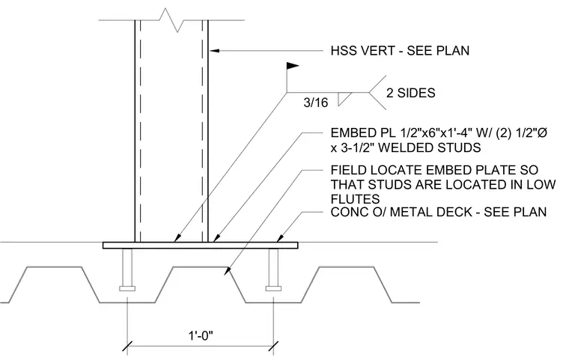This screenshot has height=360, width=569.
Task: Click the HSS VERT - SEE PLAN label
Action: click(x=400, y=50)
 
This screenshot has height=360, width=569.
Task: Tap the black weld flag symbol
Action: click(x=293, y=66)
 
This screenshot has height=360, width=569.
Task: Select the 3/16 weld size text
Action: click(x=316, y=103)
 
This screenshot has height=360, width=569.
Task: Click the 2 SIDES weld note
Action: click(x=411, y=93)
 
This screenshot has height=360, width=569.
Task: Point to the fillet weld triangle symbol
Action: click(x=344, y=99)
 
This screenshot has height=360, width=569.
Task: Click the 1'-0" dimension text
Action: click(x=201, y=335)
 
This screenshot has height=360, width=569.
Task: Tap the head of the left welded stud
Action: click(x=127, y=288)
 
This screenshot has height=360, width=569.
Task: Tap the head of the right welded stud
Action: click(x=273, y=288)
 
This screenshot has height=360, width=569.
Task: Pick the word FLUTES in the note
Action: click(x=356, y=199)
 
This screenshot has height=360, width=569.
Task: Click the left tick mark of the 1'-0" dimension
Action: click(x=127, y=346)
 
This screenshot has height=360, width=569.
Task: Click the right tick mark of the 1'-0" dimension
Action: click(x=273, y=346)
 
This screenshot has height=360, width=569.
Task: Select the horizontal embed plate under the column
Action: click(x=201, y=245)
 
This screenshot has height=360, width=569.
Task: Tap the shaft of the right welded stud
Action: click(x=273, y=267)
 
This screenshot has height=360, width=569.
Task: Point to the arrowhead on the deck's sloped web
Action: click(x=227, y=271)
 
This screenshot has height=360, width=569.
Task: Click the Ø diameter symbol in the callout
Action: click(x=542, y=133)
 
